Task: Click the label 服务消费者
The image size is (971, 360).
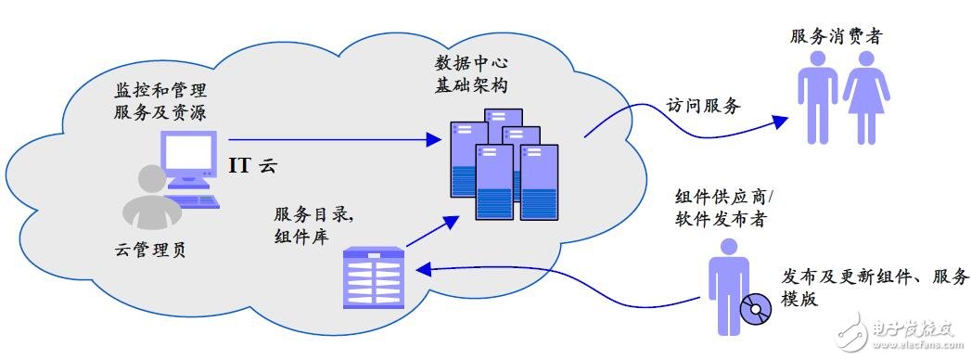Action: coord(836,37)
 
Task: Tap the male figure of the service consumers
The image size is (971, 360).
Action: coord(817,96)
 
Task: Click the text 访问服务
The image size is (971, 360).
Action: coord(703,107)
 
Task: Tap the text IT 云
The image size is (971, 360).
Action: coord(254,167)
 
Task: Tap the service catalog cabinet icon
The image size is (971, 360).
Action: coord(375,276)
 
